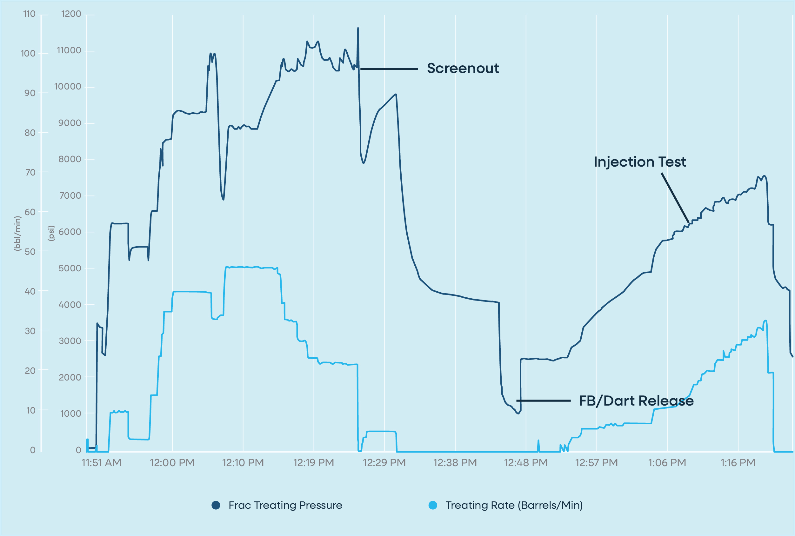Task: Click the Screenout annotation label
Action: tap(463, 68)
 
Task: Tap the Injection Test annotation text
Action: tap(639, 162)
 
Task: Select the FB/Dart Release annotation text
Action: tap(636, 400)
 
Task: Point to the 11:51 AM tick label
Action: tap(101, 463)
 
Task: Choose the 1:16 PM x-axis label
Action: tap(738, 463)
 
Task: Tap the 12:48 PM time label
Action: tap(525, 463)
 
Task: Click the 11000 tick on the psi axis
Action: tap(69, 50)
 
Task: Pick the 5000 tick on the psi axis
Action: tap(70, 268)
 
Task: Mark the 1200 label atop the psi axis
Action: tap(71, 14)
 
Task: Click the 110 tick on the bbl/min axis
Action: tap(30, 14)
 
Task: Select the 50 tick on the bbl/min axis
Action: tap(30, 252)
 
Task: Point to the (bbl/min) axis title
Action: tap(17, 234)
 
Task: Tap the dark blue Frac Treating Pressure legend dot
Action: tap(216, 505)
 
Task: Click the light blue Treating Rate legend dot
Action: tap(433, 505)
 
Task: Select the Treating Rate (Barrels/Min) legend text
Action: tap(514, 505)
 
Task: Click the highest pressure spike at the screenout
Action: tap(358, 28)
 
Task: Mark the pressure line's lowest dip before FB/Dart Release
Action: tap(518, 414)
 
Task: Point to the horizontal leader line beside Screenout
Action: tap(389, 69)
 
